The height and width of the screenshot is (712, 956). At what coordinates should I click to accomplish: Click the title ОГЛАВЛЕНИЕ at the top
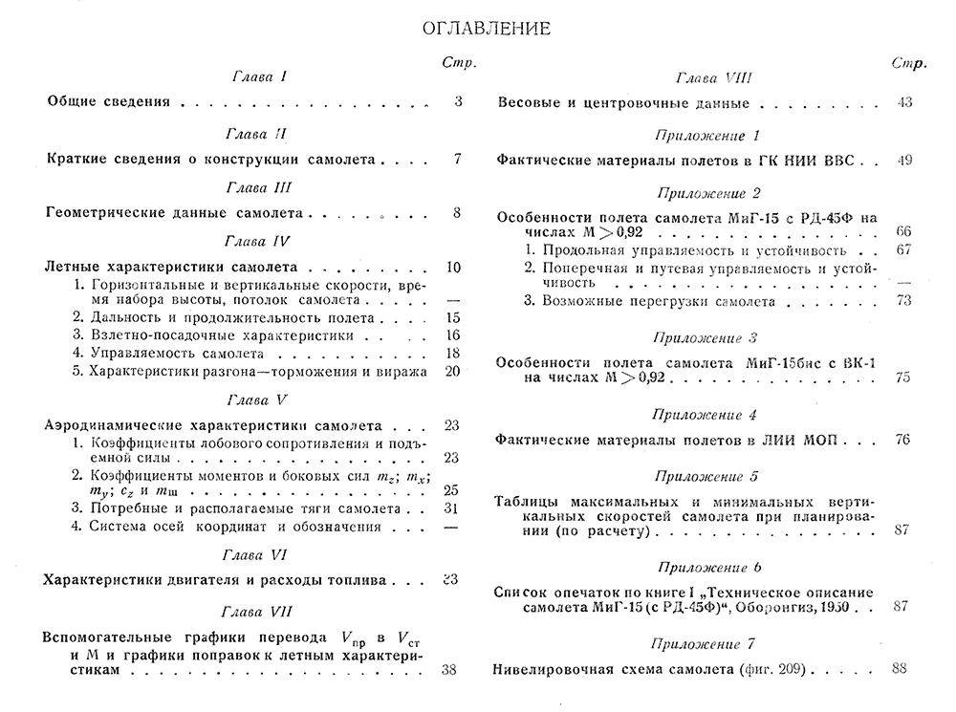[486, 29]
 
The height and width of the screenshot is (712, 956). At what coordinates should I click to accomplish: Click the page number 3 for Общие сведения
[458, 101]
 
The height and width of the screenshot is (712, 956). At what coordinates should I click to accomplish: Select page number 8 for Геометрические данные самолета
[458, 213]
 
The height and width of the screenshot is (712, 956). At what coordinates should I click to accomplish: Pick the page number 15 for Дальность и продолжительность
[453, 317]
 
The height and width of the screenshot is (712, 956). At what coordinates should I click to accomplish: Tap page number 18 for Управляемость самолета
[453, 353]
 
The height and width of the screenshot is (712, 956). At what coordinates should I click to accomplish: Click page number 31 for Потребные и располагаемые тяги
[453, 508]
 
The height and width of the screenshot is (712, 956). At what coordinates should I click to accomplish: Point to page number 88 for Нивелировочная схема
[898, 669]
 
